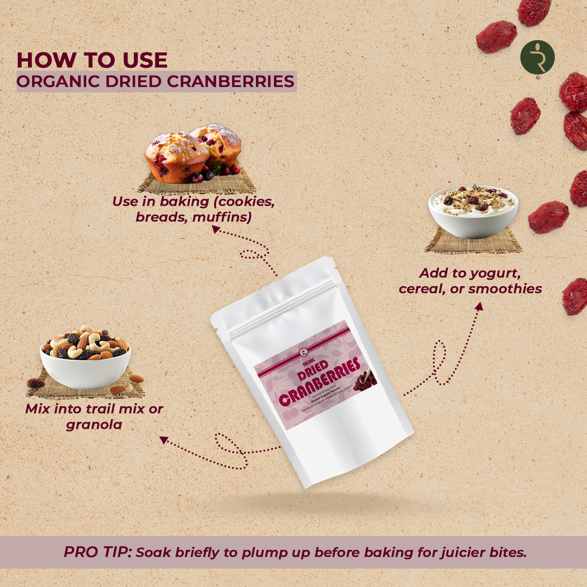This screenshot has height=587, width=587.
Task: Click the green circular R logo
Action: coord(537,58)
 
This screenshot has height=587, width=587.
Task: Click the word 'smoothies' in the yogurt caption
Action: coord(505,289)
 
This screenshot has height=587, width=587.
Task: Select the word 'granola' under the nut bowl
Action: coord(94,425)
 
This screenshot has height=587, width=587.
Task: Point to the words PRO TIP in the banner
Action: coord(97,552)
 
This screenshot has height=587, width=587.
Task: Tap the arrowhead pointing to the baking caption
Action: coord(216,230)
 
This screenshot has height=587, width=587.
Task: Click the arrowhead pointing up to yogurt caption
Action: coord(479,306)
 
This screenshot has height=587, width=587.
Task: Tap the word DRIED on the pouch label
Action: coord(313,370)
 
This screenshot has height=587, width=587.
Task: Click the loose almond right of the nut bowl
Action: coord(136,378)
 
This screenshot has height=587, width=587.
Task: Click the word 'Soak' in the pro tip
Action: coord(153,552)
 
